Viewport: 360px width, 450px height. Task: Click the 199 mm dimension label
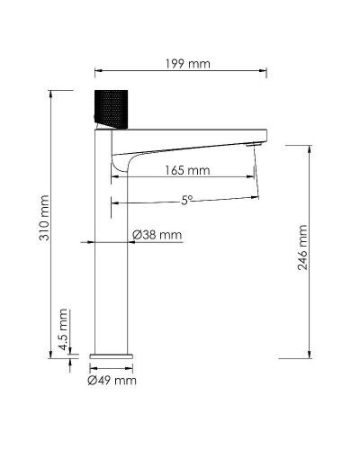pyautogui.click(x=182, y=64)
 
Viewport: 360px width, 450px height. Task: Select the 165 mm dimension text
pyautogui.click(x=187, y=170)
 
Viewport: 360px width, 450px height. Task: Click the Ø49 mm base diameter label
pyautogui.click(x=112, y=382)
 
